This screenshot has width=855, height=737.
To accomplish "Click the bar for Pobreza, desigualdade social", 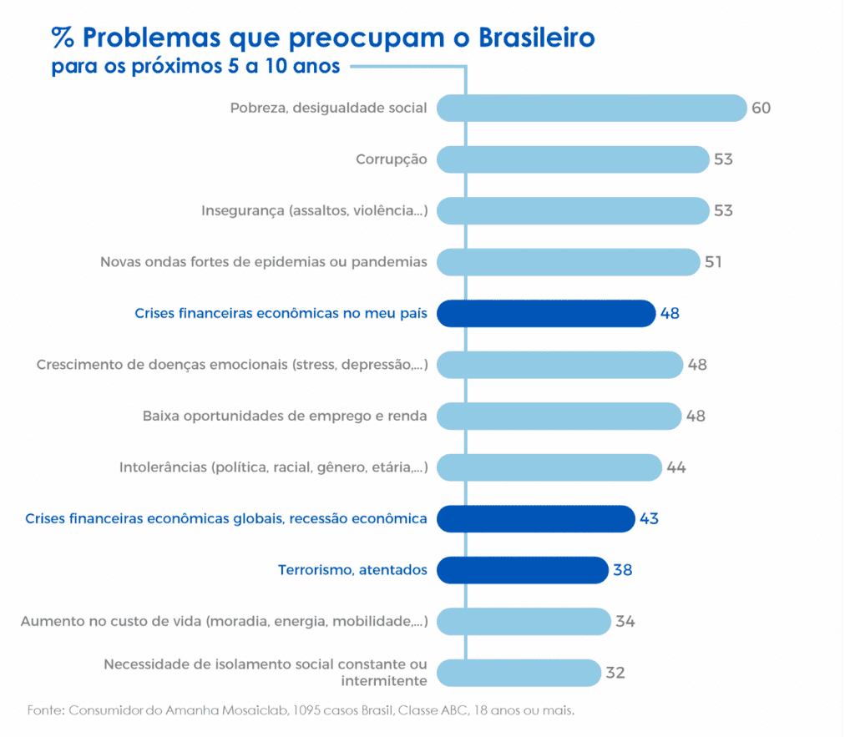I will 591,109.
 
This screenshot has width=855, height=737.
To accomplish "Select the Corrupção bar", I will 573,159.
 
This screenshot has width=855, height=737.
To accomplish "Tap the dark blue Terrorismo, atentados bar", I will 522,570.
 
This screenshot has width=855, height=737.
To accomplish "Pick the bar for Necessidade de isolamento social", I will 519,673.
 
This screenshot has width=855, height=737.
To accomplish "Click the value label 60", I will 761,109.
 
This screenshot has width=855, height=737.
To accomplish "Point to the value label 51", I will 713,262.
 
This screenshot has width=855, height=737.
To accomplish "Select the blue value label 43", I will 649,519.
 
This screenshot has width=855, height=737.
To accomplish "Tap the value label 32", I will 615,673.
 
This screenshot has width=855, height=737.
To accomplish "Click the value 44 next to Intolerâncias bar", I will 676,467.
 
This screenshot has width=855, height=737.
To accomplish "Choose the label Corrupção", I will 392,159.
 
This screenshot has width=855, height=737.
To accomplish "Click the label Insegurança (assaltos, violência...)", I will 315,211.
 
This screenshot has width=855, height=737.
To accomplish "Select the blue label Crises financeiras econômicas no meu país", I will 281,314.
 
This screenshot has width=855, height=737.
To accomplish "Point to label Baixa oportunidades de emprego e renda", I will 286,416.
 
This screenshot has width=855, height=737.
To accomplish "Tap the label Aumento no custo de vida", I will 225,622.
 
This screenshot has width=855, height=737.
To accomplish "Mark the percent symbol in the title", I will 63,38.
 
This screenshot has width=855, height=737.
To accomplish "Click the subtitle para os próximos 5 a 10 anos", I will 196,67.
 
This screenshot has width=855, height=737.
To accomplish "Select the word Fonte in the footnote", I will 46,711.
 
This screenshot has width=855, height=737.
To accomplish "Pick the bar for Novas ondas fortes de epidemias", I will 568,262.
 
